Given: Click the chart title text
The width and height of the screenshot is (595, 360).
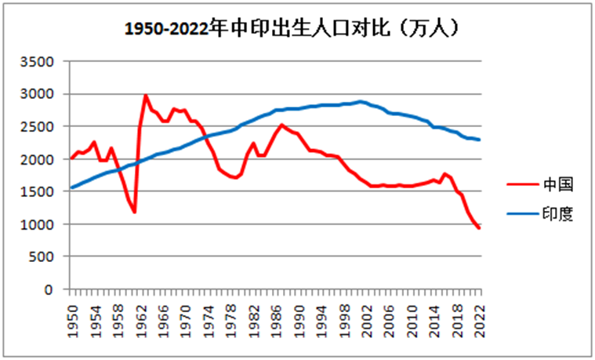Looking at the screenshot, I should [x=292, y=29].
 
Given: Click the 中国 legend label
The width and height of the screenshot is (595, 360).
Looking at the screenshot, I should [x=559, y=186].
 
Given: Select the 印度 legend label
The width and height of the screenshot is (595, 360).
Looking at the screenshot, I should [x=559, y=213].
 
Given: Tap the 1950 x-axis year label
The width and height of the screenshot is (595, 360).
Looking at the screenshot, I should [x=72, y=318].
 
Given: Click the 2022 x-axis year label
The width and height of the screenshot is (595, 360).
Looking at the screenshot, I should [x=480, y=318].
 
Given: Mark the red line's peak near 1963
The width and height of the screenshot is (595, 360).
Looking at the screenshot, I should [x=146, y=96].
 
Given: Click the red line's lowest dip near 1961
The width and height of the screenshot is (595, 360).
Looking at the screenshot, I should [x=135, y=212].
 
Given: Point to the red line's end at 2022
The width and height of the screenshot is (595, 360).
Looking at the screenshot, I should [x=480, y=227].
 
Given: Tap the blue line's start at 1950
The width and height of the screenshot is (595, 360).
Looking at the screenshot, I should [x=72, y=187].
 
